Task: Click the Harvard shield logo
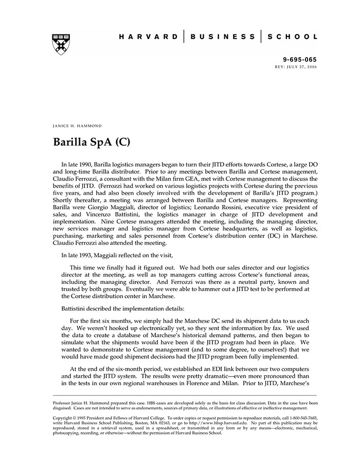point(61,45)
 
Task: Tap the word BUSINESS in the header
point(222,37)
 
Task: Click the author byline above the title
point(77,126)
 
